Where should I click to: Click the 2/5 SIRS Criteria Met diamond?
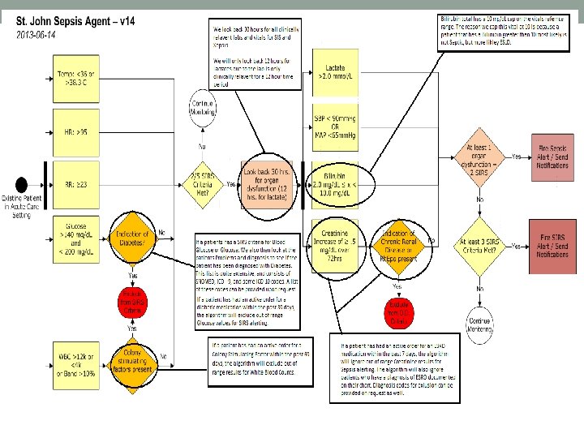click(x=201, y=183)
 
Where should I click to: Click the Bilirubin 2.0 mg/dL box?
click(x=337, y=185)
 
